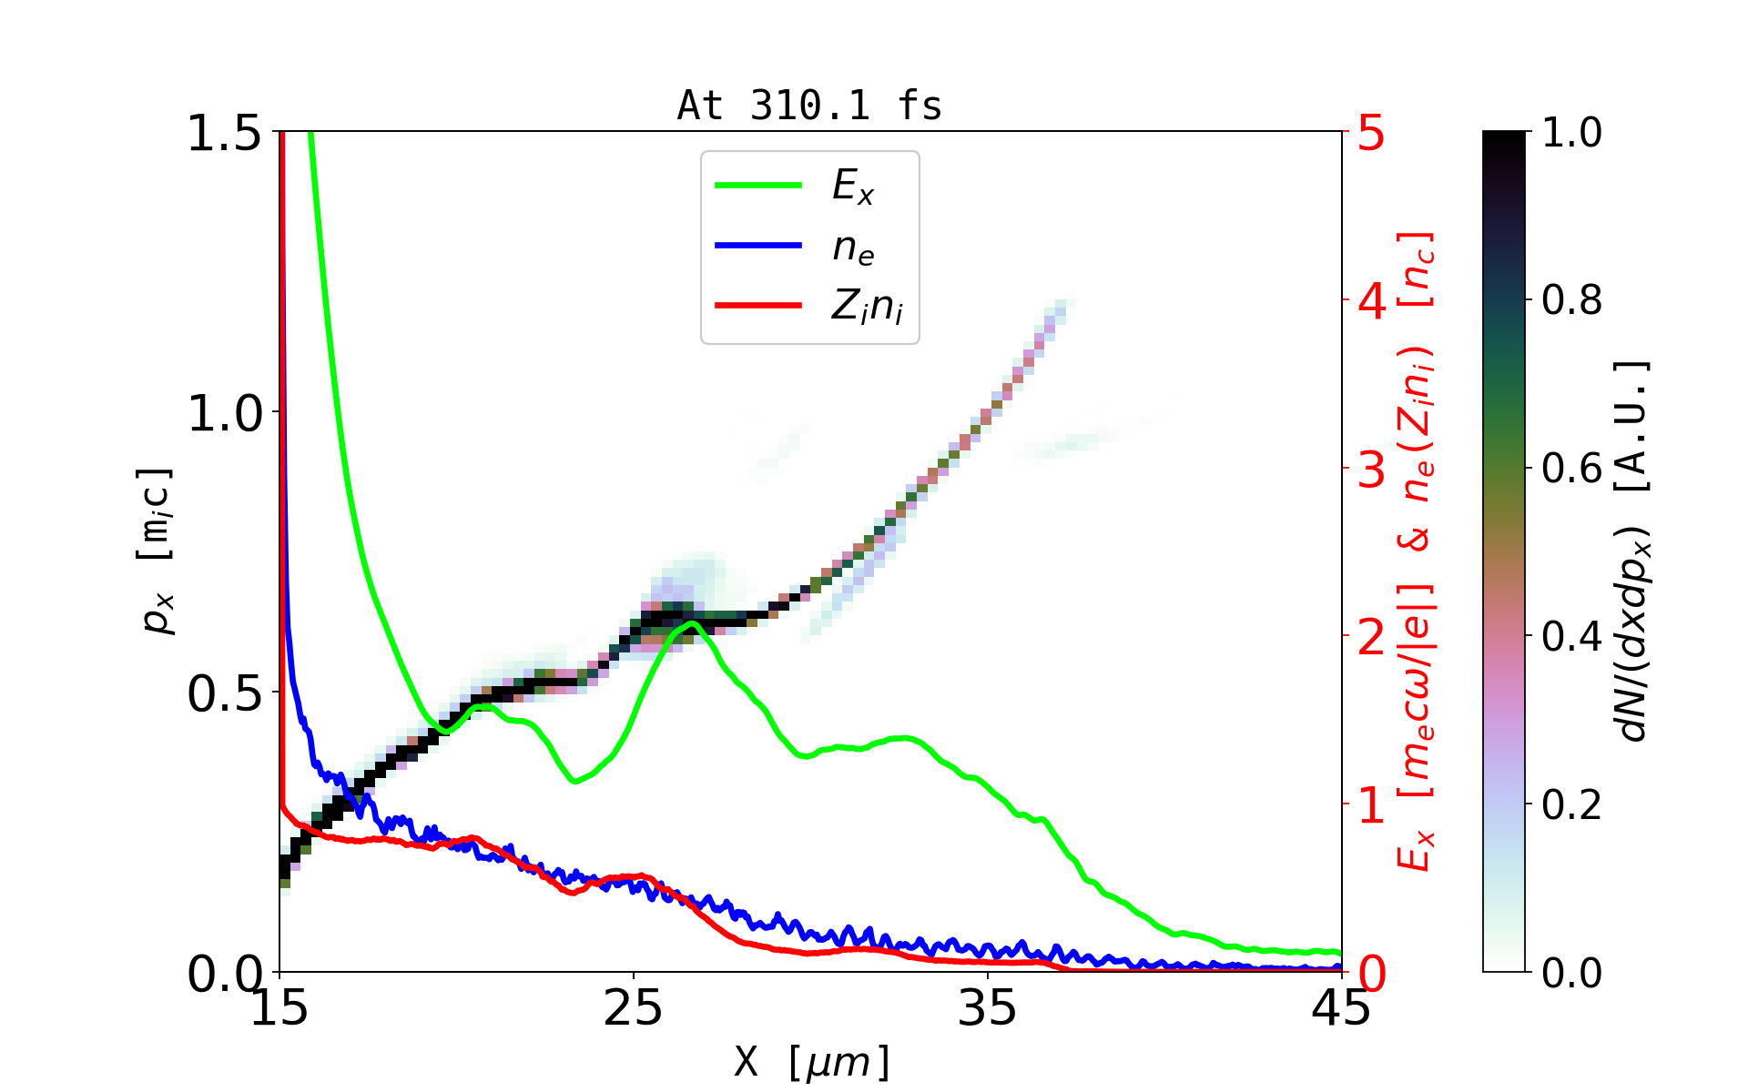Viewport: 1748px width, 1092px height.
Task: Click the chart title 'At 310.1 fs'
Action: [809, 106]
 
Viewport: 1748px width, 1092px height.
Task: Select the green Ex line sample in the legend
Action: [758, 186]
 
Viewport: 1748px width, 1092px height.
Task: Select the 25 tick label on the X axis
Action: [633, 1009]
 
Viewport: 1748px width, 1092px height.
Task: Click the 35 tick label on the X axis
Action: [988, 1009]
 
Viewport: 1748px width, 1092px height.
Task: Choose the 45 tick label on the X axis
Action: [1341, 1009]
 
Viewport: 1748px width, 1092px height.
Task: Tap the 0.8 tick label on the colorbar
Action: [1571, 300]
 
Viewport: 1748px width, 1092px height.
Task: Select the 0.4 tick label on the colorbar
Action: [1571, 637]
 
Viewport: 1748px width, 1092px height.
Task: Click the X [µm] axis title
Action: [812, 1061]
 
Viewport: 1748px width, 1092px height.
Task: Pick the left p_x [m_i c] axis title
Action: [156, 551]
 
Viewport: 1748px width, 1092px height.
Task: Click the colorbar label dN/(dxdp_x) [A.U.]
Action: [1635, 551]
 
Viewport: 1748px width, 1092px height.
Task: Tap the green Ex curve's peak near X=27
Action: [693, 623]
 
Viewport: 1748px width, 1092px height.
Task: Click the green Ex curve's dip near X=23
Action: [574, 781]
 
